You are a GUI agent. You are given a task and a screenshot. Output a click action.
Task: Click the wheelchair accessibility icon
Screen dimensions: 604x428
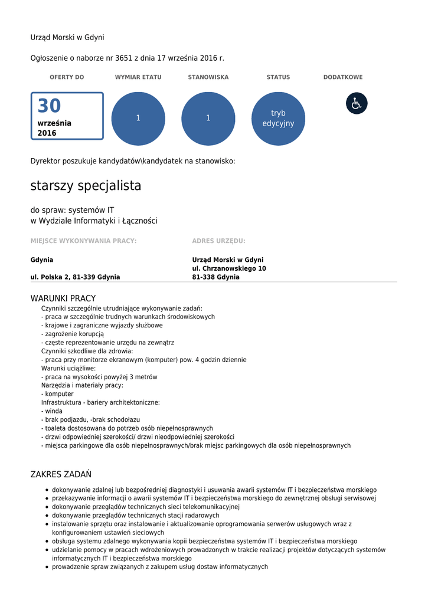coord(357,103)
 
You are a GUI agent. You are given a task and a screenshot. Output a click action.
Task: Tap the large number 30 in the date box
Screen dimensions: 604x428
coord(49,106)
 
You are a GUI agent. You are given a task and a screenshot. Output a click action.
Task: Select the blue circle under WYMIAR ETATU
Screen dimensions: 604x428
coord(138,119)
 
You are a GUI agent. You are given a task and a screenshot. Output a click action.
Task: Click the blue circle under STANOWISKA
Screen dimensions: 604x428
coord(208,119)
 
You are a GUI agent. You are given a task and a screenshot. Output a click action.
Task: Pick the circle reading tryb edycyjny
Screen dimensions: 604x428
coord(278,119)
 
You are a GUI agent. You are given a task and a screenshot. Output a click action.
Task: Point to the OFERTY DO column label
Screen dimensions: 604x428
coord(67,77)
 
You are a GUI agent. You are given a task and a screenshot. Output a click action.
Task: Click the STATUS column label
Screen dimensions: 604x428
coord(278,77)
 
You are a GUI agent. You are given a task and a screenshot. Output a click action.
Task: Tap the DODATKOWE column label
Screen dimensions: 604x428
coord(343,77)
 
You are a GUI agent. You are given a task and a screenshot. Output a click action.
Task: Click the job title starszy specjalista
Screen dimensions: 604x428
coord(86,186)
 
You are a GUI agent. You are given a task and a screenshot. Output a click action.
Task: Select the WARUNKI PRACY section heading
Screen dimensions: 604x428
coord(63,298)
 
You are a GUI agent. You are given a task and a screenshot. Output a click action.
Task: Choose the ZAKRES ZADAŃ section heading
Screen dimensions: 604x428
coord(61,475)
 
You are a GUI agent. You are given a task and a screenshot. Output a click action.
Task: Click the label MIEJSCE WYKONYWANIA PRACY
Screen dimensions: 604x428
coord(83,241)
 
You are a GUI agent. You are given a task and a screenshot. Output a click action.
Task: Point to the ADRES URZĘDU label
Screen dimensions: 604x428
coord(218,241)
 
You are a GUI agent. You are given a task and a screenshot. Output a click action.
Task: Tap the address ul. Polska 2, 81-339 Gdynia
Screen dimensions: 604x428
coord(75,277)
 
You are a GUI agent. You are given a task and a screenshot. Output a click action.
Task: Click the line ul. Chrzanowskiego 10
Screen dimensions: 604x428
coord(229,268)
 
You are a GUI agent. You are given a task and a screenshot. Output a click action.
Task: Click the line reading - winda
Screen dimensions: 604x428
coord(52,411)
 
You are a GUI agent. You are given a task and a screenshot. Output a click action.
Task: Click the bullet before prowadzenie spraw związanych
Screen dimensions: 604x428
coord(47,567)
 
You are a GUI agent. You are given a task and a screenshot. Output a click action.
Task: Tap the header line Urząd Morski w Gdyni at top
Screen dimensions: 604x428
coord(67,38)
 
